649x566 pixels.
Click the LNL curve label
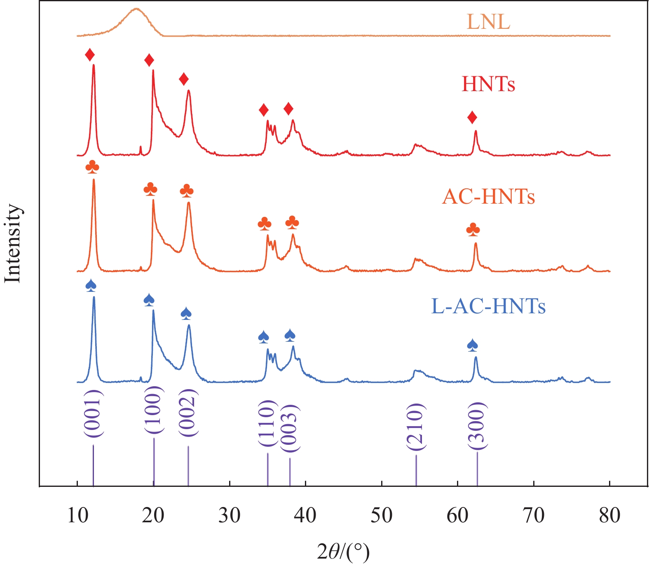point(488,22)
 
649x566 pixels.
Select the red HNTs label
point(488,84)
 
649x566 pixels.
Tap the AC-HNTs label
point(488,197)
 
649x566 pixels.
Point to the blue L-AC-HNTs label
point(488,306)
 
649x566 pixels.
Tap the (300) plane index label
point(478,426)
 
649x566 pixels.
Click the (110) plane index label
point(267,423)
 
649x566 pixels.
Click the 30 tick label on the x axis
point(230,516)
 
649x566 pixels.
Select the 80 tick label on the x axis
point(609,516)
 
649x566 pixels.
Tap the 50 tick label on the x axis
point(382,516)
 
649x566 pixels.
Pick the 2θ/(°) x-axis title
point(343,552)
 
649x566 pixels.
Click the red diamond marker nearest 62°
point(472,118)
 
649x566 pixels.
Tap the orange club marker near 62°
point(473,230)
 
